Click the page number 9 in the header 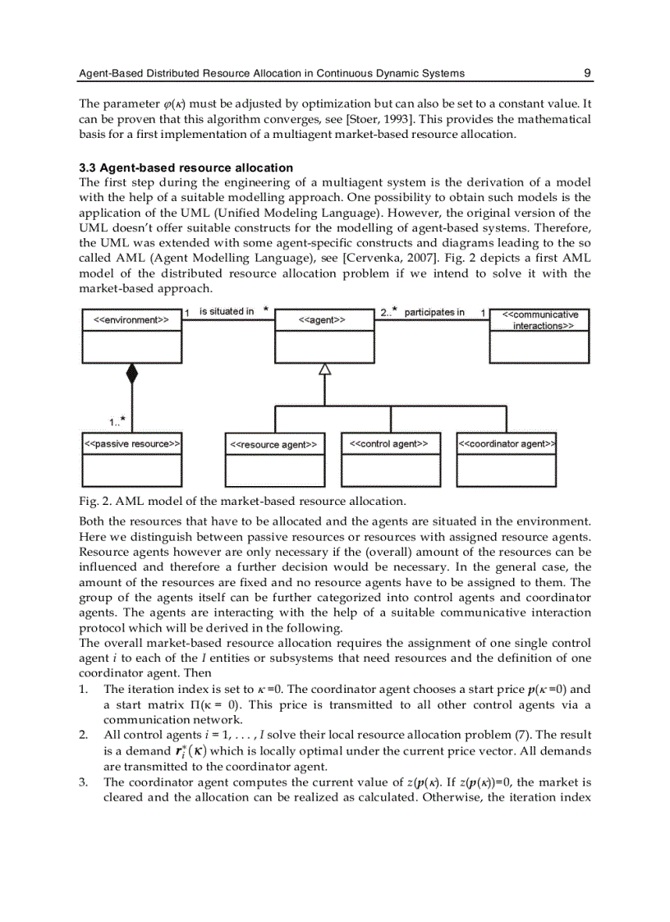pos(587,73)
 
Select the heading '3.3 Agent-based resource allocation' pos(186,167)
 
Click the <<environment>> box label pos(131,320)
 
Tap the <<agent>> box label pos(324,320)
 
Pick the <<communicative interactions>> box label pos(539,320)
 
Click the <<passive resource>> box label pos(131,444)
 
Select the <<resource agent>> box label pos(274,445)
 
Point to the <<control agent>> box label pos(389,444)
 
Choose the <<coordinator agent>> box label pos(506,444)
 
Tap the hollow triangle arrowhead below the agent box pos(324,369)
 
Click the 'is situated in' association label pos(227,311)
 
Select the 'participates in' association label pos(434,312)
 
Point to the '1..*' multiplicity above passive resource pos(117,421)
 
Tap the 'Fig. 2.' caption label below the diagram pos(93,501)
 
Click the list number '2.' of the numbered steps pos(84,734)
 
